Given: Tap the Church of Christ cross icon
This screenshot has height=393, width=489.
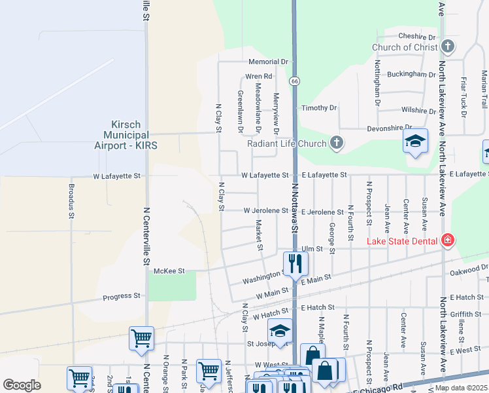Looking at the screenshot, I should click(448, 47).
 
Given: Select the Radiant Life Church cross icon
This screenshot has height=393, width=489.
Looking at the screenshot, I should click(336, 143).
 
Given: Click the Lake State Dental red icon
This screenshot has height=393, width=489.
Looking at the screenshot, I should click(447, 241).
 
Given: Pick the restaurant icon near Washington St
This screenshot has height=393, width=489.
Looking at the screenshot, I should click(295, 263).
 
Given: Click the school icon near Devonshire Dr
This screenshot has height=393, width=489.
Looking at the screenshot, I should click(415, 141).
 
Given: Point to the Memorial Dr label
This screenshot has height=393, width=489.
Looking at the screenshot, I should click(268, 62).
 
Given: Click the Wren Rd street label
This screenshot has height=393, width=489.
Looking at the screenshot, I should click(259, 77).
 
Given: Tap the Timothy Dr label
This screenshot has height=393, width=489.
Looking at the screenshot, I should click(318, 107).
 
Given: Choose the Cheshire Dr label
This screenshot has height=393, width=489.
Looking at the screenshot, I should click(416, 37).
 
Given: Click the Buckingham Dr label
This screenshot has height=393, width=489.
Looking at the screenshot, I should click(411, 75).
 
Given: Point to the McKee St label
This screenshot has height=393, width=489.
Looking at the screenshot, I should click(169, 271).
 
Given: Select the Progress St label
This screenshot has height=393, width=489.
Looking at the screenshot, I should click(122, 296).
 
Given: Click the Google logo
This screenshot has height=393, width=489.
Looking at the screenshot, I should click(22, 385).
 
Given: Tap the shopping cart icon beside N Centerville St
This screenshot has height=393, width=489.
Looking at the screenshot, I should click(141, 338).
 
